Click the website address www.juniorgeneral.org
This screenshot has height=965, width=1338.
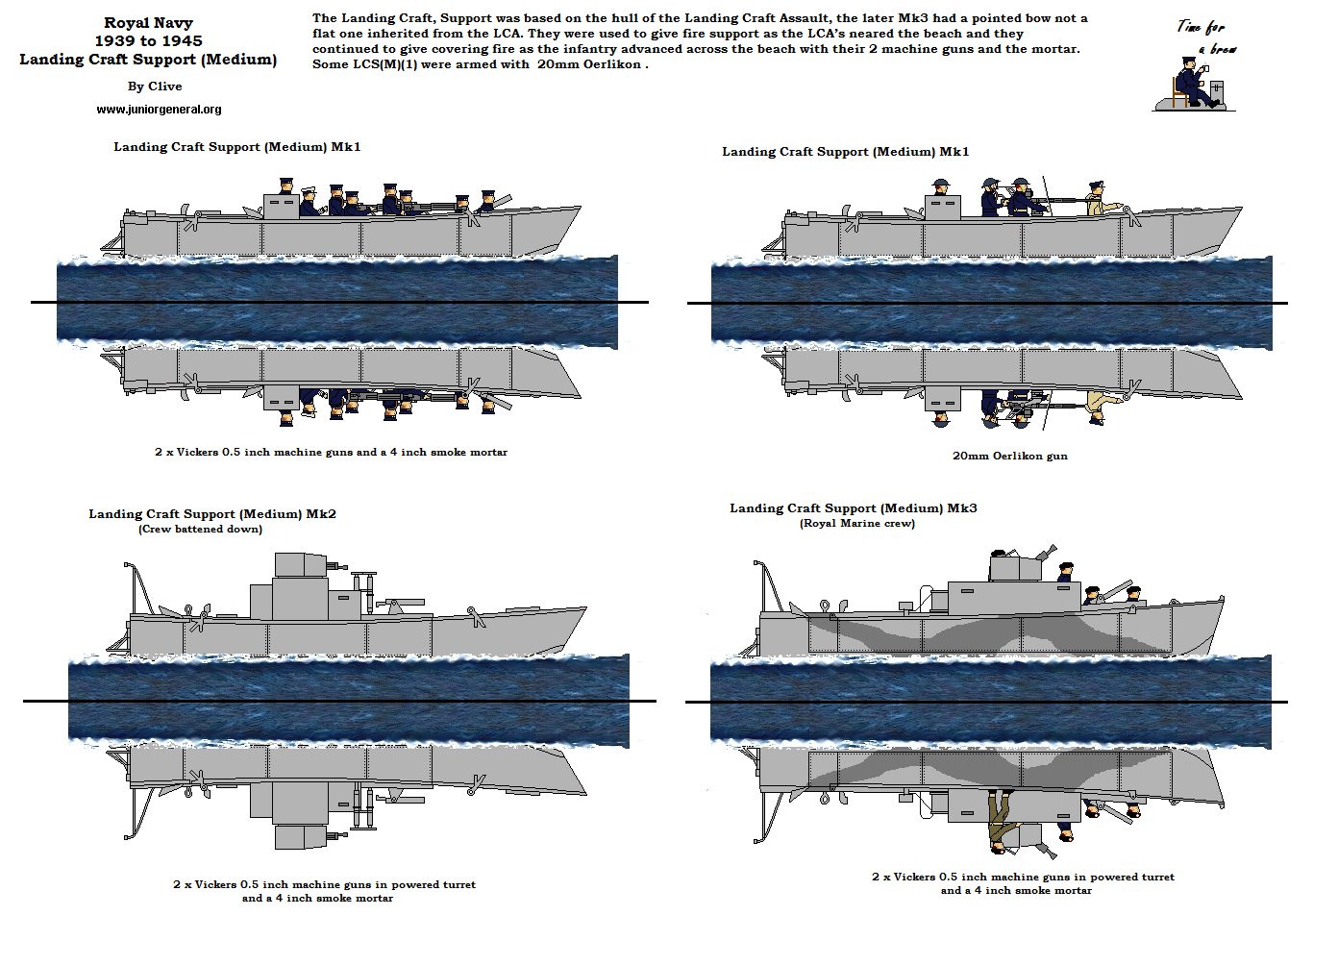pyautogui.click(x=159, y=110)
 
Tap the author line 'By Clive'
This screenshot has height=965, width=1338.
pyautogui.click(x=155, y=87)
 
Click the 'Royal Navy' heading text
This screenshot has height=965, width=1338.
pyautogui.click(x=148, y=23)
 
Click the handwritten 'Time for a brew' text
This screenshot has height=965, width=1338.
pyautogui.click(x=1205, y=37)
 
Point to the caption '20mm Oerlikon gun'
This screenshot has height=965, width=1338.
pyautogui.click(x=1009, y=456)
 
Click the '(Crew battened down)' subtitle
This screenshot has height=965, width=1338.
pyautogui.click(x=200, y=529)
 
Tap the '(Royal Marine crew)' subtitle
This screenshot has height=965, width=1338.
pyautogui.click(x=856, y=524)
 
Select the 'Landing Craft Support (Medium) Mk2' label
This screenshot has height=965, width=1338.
pyautogui.click(x=212, y=514)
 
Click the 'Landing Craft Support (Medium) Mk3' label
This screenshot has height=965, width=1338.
pyautogui.click(x=853, y=508)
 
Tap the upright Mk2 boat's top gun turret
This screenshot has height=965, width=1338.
pyautogui.click(x=300, y=564)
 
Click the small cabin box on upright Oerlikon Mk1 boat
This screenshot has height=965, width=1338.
pyautogui.click(x=942, y=208)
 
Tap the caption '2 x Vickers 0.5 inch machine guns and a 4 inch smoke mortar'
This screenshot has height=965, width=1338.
pyautogui.click(x=331, y=452)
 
